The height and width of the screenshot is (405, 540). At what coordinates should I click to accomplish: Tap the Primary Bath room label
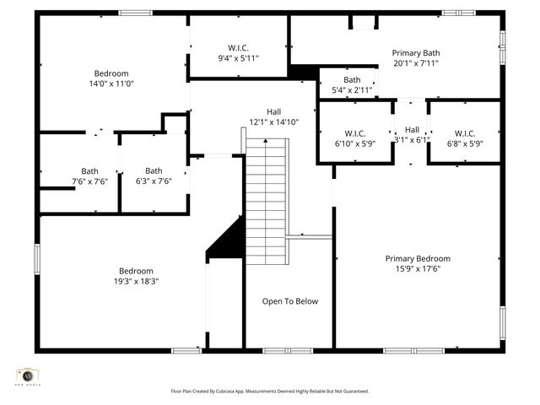pyautogui.click(x=417, y=52)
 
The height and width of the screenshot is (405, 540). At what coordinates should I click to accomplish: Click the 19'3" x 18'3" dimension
pyautogui.click(x=137, y=281)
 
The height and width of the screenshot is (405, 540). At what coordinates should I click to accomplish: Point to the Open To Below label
pyautogui.click(x=289, y=301)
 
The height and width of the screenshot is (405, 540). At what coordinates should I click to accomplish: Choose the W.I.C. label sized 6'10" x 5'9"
pyautogui.click(x=354, y=133)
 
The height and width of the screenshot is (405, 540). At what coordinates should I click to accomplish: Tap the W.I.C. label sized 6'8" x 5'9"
pyautogui.click(x=465, y=133)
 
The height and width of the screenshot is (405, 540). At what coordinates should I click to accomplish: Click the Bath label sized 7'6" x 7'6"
pyautogui.click(x=89, y=171)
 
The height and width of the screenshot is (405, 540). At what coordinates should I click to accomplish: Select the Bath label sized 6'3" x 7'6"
pyautogui.click(x=154, y=171)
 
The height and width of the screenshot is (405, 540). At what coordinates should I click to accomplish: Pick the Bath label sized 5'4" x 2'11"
pyautogui.click(x=352, y=80)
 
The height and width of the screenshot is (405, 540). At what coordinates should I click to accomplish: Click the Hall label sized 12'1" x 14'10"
pyautogui.click(x=274, y=111)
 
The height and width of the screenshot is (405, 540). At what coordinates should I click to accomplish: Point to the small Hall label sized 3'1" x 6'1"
pyautogui.click(x=412, y=129)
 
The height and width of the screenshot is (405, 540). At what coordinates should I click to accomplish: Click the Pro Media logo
pyautogui.click(x=28, y=375)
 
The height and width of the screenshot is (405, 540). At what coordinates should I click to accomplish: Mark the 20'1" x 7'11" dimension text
pyautogui.click(x=417, y=62)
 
